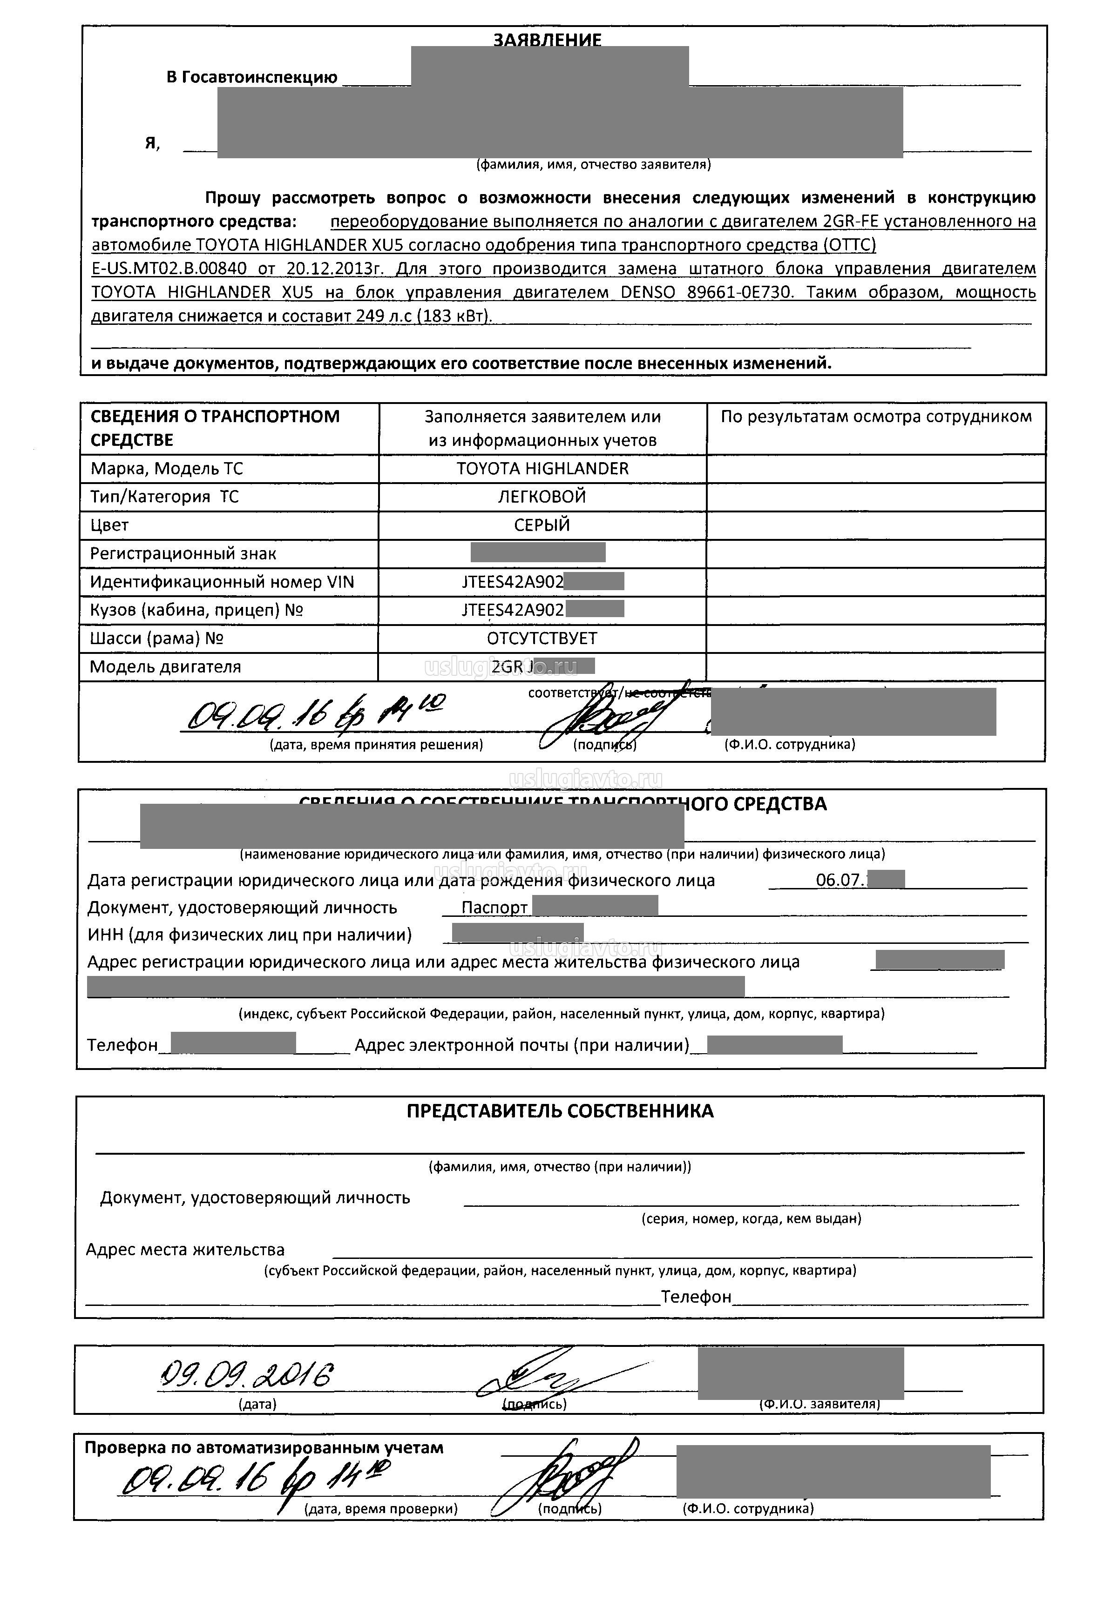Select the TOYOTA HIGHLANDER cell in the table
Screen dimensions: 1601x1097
[542, 469]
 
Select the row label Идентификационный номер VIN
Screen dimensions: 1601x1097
[222, 582]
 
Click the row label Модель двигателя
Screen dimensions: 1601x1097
[165, 667]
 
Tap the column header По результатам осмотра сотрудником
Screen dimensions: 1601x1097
[876, 417]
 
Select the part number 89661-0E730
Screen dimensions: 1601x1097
[740, 292]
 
